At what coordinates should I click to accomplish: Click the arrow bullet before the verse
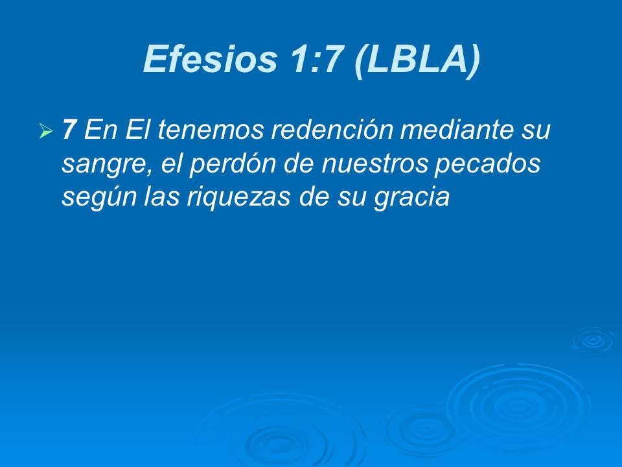coord(45,132)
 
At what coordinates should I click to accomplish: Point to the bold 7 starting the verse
coord(69,131)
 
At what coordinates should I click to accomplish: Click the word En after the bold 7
coord(98,131)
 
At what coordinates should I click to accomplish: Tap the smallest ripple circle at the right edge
coord(592,340)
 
